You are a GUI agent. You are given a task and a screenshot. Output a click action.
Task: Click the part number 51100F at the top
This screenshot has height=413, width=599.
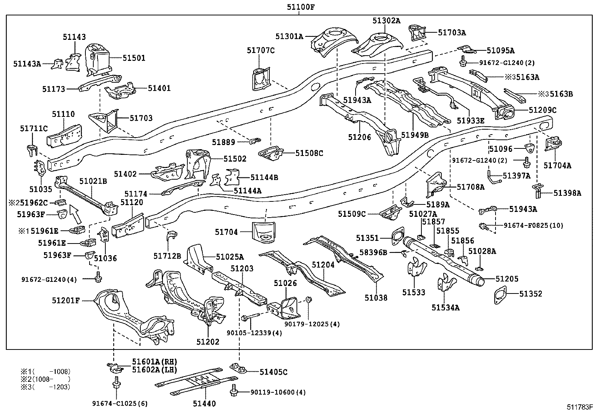coord(299,6)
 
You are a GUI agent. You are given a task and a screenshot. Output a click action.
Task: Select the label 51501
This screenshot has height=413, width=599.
coord(134,58)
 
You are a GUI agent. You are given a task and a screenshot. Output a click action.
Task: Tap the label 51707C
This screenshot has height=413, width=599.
coord(261,50)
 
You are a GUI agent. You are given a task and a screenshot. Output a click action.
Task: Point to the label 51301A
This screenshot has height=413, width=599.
coord(289,36)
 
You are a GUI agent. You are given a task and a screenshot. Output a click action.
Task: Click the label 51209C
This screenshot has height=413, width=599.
coord(542,110)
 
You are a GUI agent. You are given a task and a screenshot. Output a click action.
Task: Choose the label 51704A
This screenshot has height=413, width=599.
coord(557,165)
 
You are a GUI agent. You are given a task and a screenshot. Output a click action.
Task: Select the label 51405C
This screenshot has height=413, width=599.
coord(274,372)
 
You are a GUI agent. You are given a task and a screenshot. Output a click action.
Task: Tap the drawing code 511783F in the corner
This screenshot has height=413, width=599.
coord(580,407)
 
